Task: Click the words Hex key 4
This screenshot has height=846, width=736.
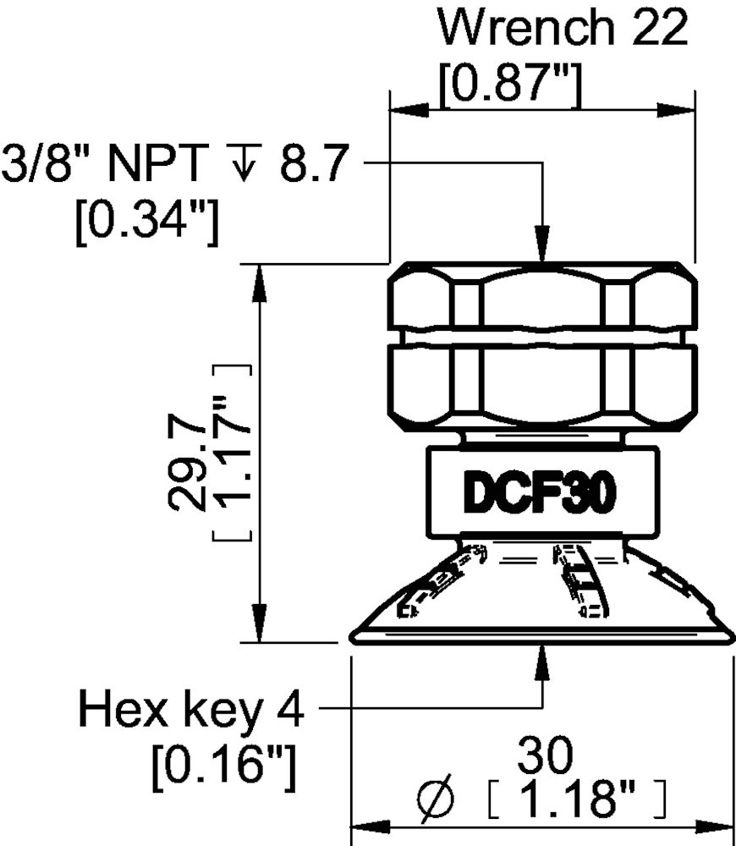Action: pyautogui.click(x=190, y=709)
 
